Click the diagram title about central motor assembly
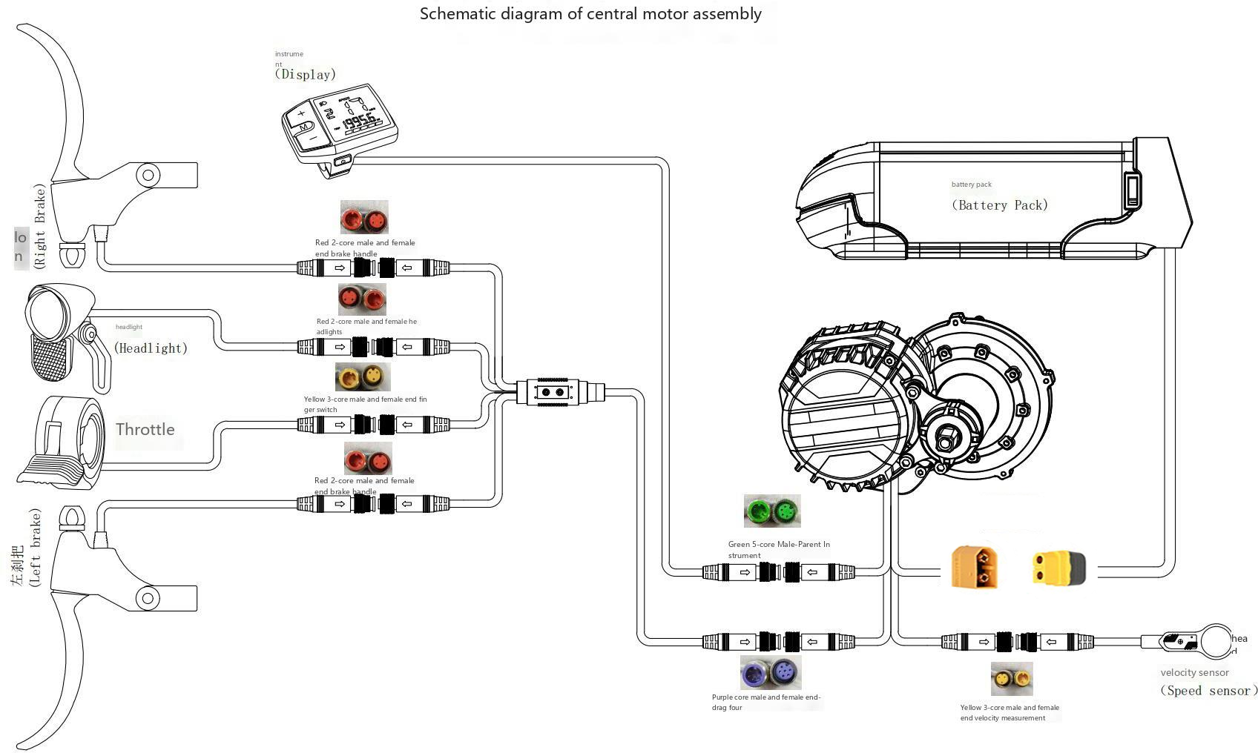coord(590,14)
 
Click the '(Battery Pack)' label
coord(999,205)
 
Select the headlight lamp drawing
coord(59,334)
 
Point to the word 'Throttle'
coord(145,430)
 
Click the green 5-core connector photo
coord(772,511)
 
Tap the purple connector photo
coord(771,673)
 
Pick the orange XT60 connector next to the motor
coord(975,567)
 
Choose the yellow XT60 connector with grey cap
coord(1058,568)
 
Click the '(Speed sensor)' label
coord(1208,691)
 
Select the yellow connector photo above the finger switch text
coord(363,377)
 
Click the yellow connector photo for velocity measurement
coord(1012,678)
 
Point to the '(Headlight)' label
coord(151,348)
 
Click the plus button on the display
coord(301,114)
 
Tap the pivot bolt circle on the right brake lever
coord(148,176)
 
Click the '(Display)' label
coord(305,74)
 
